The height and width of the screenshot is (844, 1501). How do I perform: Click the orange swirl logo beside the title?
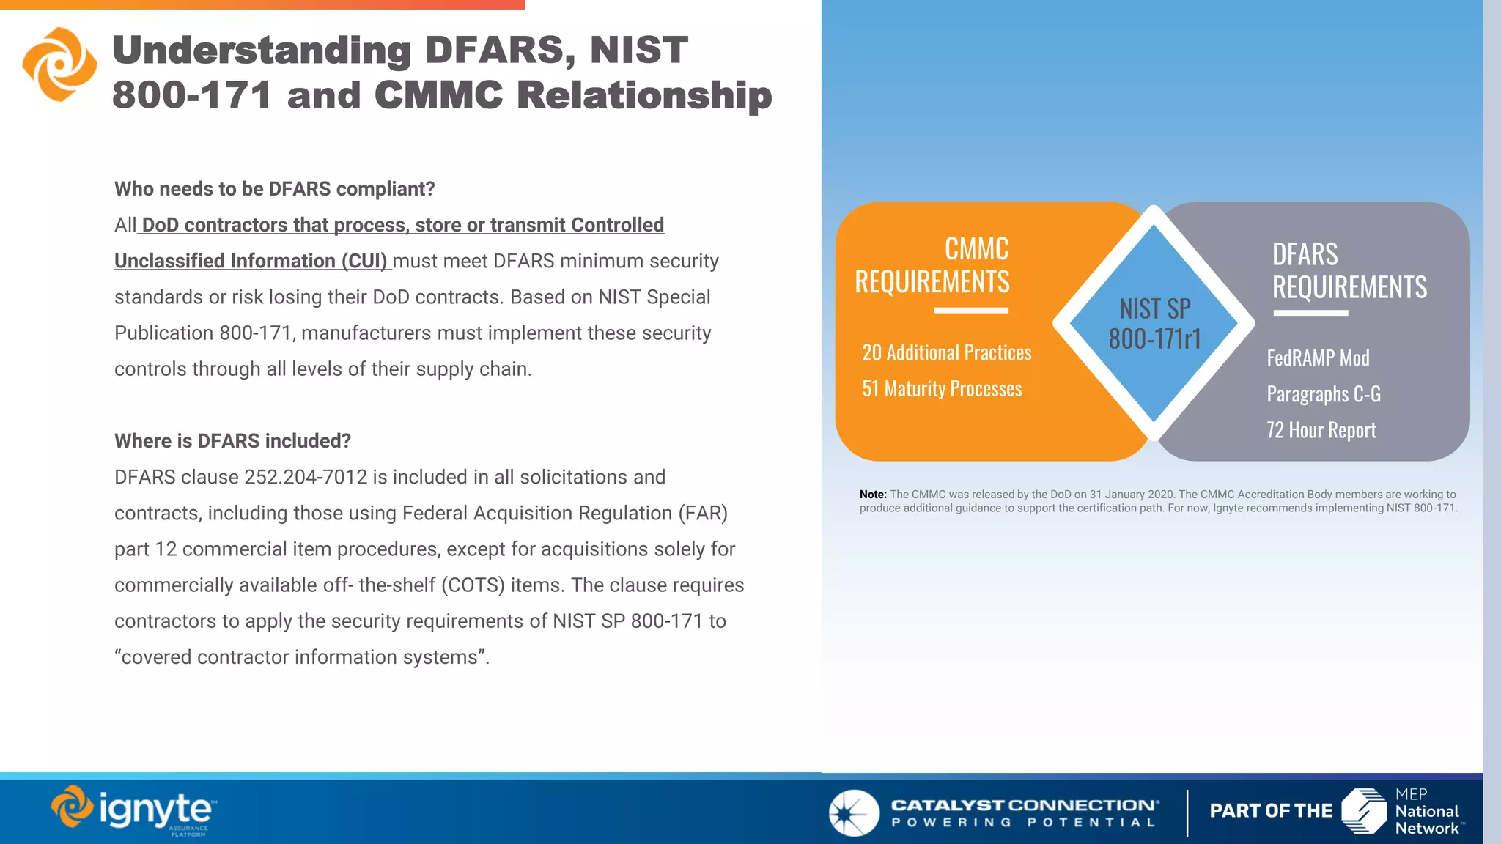(59, 64)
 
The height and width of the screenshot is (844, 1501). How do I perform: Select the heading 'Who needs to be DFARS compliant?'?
(274, 189)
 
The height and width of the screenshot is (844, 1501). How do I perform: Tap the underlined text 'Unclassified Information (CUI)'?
(251, 261)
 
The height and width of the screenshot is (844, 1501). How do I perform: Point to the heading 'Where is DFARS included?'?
(232, 441)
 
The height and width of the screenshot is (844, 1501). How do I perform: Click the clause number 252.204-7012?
(306, 477)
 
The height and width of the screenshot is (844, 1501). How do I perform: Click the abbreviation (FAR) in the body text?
(703, 513)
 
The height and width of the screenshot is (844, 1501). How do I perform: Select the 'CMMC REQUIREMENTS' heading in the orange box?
(932, 265)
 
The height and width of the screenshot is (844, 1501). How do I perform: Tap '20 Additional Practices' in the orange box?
(946, 353)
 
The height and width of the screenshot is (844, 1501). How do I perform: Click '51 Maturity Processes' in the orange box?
(942, 389)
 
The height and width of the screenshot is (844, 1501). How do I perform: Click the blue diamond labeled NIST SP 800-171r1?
(1154, 323)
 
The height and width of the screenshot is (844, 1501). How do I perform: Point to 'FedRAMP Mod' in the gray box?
(1318, 358)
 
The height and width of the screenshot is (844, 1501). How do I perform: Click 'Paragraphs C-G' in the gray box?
(1323, 394)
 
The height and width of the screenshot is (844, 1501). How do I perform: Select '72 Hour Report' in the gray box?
(1321, 430)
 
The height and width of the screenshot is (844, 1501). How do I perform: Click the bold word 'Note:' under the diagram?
(873, 495)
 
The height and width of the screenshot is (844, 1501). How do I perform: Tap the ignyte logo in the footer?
(134, 810)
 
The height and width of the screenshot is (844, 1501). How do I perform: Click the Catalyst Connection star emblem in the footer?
(854, 812)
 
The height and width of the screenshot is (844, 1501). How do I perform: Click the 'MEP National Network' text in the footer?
(1426, 812)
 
